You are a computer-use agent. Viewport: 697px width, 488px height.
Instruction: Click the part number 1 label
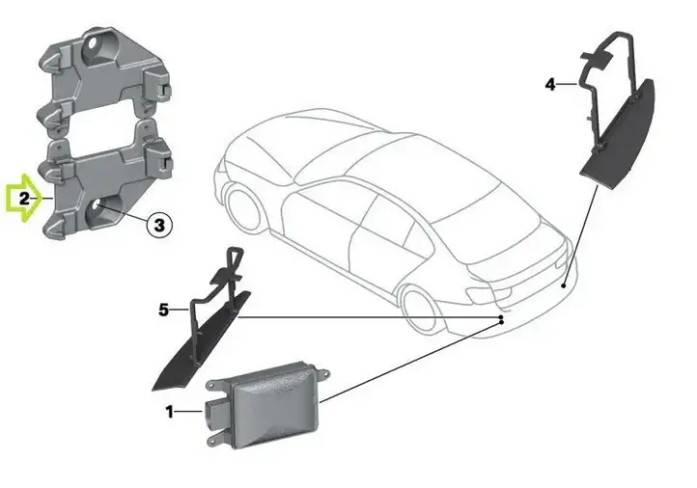click(169, 412)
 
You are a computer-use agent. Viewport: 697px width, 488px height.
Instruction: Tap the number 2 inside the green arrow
click(24, 198)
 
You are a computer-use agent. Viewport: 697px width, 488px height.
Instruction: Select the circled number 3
click(159, 225)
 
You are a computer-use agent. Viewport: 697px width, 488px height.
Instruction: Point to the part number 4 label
click(550, 84)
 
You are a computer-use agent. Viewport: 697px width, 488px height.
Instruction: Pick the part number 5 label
click(163, 310)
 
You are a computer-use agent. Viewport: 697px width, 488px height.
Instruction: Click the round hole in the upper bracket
click(96, 45)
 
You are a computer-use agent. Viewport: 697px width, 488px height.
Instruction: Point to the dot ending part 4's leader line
click(564, 285)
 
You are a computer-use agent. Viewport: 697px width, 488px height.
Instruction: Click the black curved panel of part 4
click(619, 137)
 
